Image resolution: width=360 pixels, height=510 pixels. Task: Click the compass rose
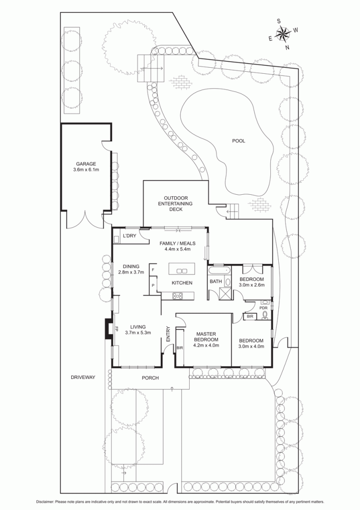[x=283, y=33]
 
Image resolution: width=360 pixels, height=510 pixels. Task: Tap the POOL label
[x=239, y=141]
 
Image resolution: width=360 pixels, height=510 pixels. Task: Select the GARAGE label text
[x=86, y=164]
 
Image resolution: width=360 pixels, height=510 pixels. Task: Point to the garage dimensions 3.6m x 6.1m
[x=86, y=169]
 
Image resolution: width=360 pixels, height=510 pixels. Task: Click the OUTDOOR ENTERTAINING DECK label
[x=175, y=204]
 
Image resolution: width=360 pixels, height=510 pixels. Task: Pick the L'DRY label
[x=129, y=236]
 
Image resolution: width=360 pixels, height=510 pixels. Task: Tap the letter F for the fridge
[x=153, y=270]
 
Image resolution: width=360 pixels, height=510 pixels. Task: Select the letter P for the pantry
[x=153, y=285]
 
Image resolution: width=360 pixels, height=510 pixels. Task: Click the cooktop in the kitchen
[x=178, y=296]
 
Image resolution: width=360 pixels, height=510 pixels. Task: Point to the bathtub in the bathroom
[x=220, y=270]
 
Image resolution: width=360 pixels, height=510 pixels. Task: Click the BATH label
[x=216, y=281]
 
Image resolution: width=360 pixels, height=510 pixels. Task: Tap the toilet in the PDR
[x=265, y=314]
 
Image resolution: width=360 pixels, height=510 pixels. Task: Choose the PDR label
[x=263, y=307]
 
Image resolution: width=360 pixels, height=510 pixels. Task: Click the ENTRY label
[x=168, y=334]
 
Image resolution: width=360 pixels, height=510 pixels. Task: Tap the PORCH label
[x=150, y=378]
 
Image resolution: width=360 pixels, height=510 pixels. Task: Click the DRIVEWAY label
[x=83, y=378]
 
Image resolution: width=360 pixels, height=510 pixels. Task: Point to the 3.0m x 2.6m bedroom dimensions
[x=252, y=285]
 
